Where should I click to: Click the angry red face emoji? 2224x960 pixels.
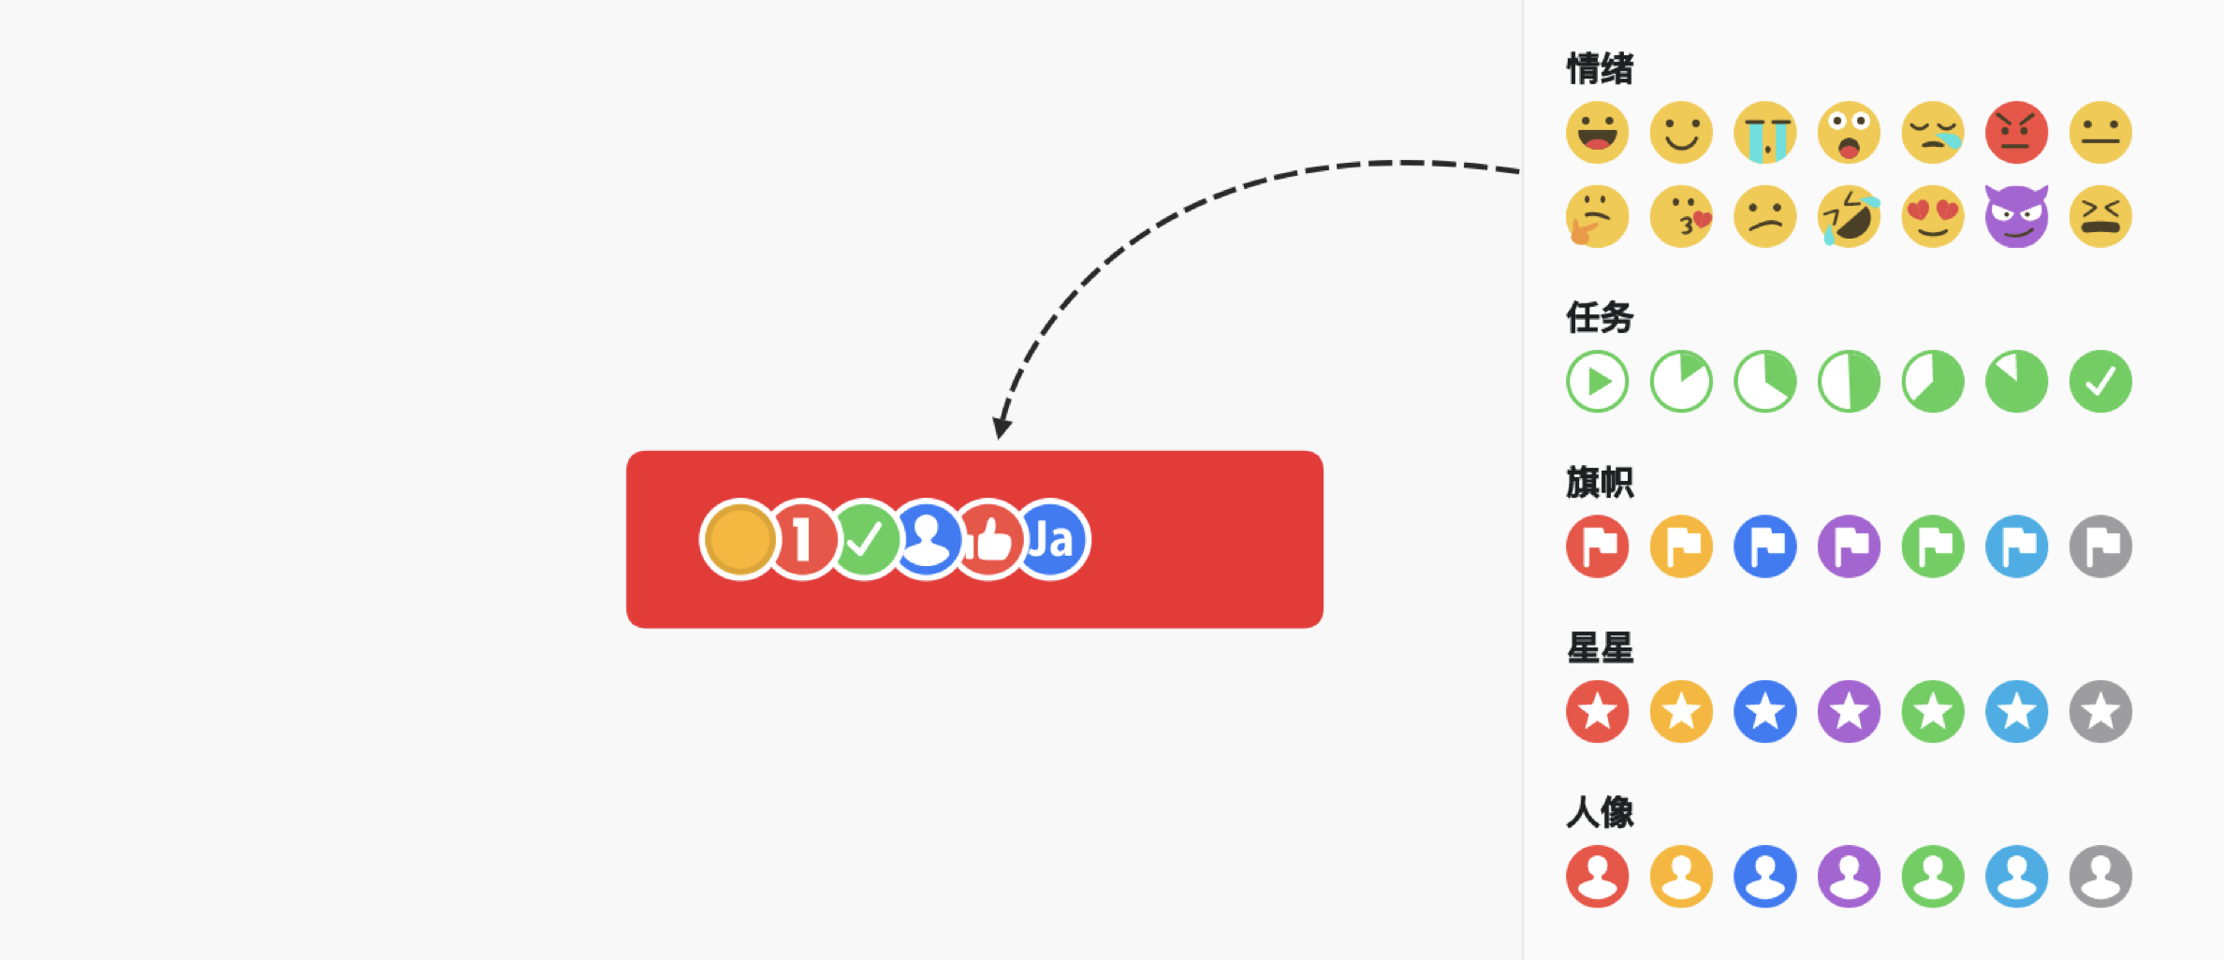coord(2016,132)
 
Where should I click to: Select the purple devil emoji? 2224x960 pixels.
coord(2016,216)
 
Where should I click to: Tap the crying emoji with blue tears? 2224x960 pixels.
coord(1765,132)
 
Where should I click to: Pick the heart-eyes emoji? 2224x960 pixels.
coord(1933,216)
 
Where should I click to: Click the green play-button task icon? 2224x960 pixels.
coord(1597,382)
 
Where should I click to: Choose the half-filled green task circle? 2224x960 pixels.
coord(1849,382)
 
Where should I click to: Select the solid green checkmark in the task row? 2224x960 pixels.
coord(2100,382)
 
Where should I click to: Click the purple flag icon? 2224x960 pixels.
coord(1849,546)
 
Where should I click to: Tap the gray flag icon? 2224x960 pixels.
coord(2100,546)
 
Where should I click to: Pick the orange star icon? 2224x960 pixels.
coord(1681,711)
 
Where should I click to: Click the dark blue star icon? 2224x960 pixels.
coord(1765,711)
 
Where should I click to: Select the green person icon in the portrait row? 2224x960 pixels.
coord(1933,877)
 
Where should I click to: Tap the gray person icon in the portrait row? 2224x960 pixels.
coord(2100,877)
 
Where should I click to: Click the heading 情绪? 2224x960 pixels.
coord(1600,69)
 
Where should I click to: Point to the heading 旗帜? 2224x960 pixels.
coord(1600,483)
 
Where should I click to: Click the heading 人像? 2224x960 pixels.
coord(1600,812)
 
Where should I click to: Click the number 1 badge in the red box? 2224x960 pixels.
coord(801,540)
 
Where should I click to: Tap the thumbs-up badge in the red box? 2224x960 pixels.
coord(989,540)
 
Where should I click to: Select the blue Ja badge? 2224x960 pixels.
coord(1051,540)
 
